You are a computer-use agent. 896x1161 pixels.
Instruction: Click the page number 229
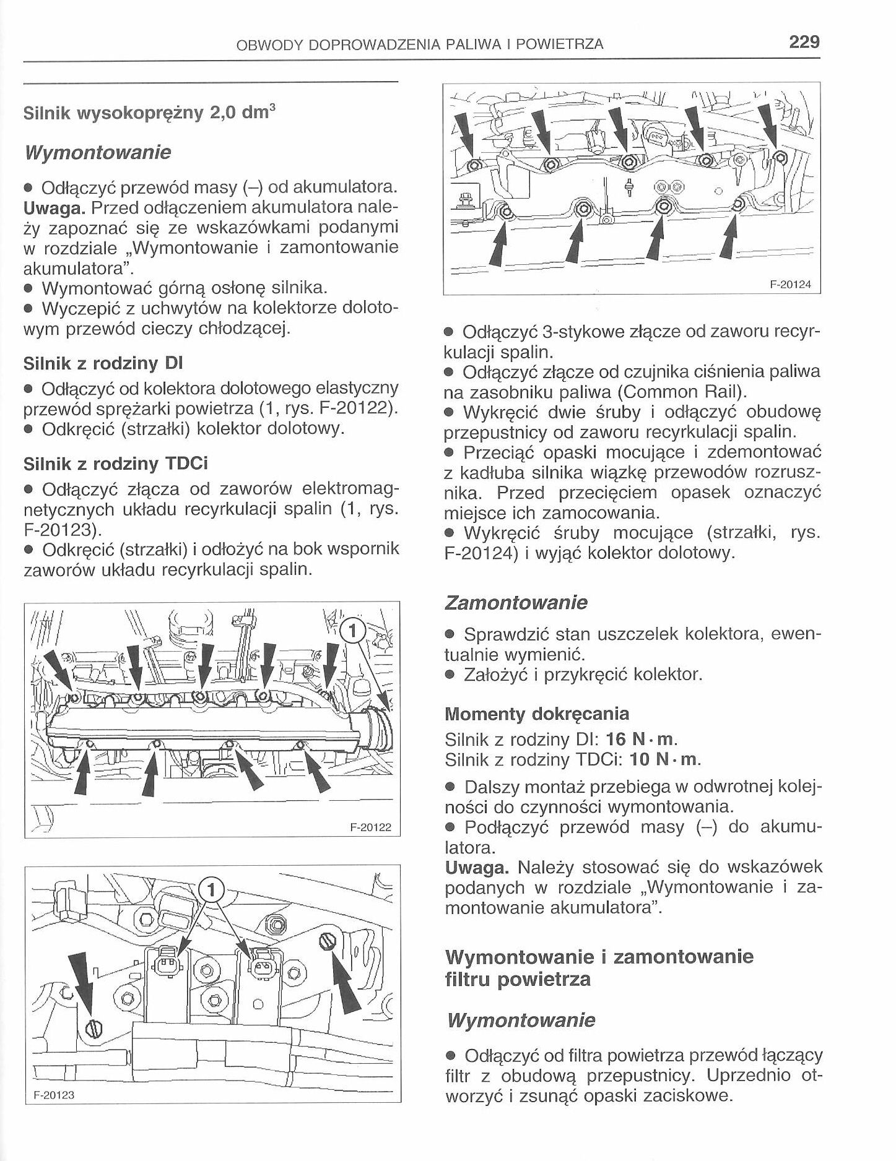click(x=804, y=42)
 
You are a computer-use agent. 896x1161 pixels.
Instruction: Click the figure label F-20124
click(x=789, y=285)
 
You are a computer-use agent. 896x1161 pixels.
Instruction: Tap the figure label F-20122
click(x=370, y=827)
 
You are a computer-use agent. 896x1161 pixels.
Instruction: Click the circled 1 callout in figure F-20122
click(x=352, y=631)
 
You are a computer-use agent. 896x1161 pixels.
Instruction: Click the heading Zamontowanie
click(x=516, y=602)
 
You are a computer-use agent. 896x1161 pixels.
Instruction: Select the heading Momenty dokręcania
click(x=536, y=714)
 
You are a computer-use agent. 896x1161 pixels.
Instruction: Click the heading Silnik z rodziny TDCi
click(x=115, y=463)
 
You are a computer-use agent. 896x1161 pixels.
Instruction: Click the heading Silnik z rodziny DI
click(x=103, y=363)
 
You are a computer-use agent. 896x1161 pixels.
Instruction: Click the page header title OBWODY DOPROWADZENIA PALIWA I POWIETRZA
click(x=420, y=44)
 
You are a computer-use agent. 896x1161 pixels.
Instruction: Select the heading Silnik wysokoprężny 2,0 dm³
click(x=149, y=113)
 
